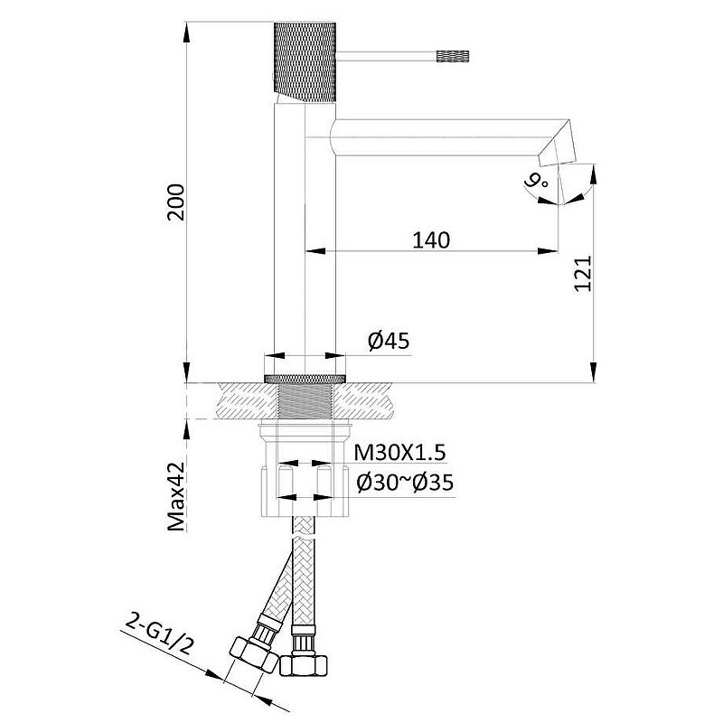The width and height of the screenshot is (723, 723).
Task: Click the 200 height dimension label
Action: (175, 202)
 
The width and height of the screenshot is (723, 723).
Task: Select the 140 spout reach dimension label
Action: (431, 240)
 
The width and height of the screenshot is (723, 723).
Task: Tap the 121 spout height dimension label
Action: (583, 273)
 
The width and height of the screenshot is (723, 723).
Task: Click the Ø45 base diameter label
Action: (389, 342)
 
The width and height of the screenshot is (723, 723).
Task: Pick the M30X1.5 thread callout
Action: (399, 453)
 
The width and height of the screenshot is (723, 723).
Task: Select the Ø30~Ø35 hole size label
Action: (405, 483)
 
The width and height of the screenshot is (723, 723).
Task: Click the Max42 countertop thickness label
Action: (176, 496)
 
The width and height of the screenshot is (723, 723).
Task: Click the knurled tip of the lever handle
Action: (453, 56)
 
